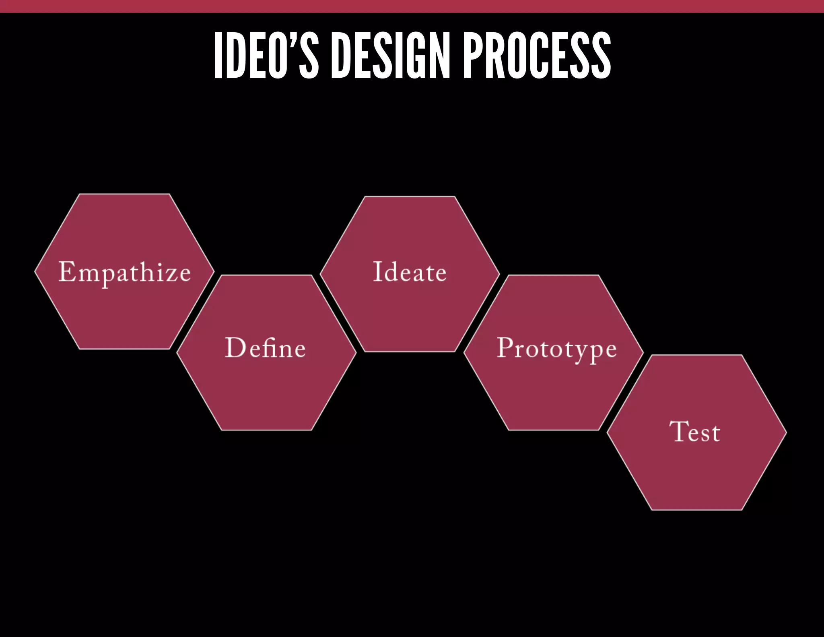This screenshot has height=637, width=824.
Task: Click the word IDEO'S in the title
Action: click(x=266, y=55)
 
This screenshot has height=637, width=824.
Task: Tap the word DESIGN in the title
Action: click(x=390, y=55)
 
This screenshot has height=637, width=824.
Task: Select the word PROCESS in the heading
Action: click(x=537, y=55)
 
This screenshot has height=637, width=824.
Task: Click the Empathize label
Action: click(x=125, y=272)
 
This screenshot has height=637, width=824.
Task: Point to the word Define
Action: click(x=266, y=348)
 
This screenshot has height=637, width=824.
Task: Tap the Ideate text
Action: click(x=410, y=272)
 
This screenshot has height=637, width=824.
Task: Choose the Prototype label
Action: click(x=556, y=349)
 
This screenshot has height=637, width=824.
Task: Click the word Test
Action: click(x=695, y=432)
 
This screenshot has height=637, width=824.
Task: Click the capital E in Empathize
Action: click(x=67, y=271)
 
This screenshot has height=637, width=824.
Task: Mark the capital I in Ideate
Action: click(x=377, y=271)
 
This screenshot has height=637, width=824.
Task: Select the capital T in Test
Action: click(x=678, y=431)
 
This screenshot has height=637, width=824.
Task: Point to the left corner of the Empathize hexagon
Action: click(x=35, y=272)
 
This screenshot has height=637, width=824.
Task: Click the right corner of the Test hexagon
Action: click(x=786, y=433)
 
